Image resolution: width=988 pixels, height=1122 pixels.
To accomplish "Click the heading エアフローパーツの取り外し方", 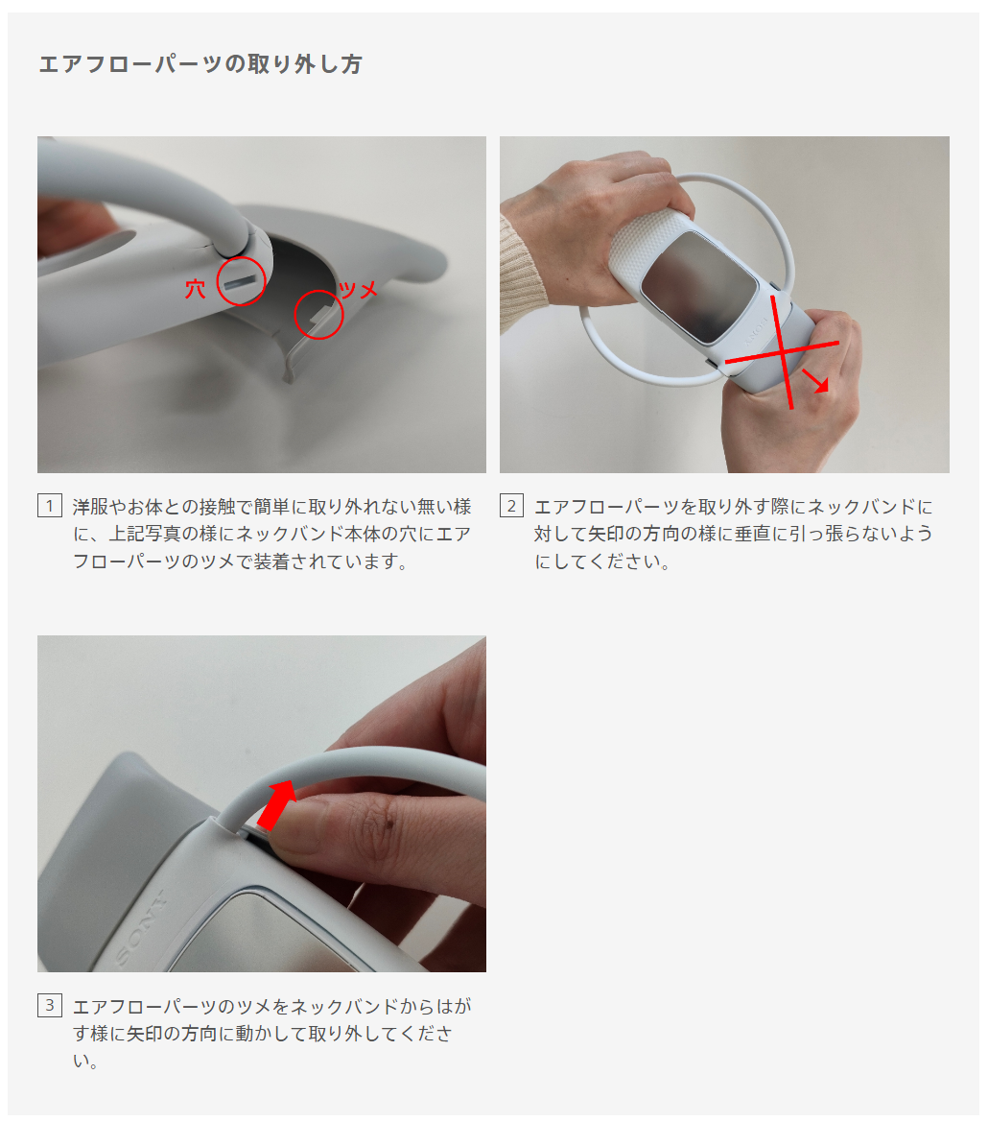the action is tap(200, 64).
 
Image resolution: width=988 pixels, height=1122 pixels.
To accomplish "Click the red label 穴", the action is tap(195, 289).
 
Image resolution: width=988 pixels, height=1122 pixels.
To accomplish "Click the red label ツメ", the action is tap(358, 290).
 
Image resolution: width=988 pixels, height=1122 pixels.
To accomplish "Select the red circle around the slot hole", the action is tap(241, 281).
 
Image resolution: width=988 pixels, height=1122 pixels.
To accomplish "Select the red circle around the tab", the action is tap(318, 315).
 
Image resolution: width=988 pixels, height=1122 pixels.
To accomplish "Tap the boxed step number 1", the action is tap(49, 506).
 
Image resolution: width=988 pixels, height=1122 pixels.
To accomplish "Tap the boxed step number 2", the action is tap(511, 506).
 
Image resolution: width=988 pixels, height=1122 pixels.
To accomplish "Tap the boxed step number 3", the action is tap(49, 1005).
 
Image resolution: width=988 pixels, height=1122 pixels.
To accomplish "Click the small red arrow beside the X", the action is tap(815, 381).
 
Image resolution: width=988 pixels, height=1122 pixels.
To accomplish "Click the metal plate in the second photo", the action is tap(698, 288).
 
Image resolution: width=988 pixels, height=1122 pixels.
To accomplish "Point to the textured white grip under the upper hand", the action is tap(647, 241).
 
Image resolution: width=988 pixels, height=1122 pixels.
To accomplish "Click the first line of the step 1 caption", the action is tap(271, 507).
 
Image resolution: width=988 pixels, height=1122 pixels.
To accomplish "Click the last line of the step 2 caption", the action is tap(602, 561).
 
